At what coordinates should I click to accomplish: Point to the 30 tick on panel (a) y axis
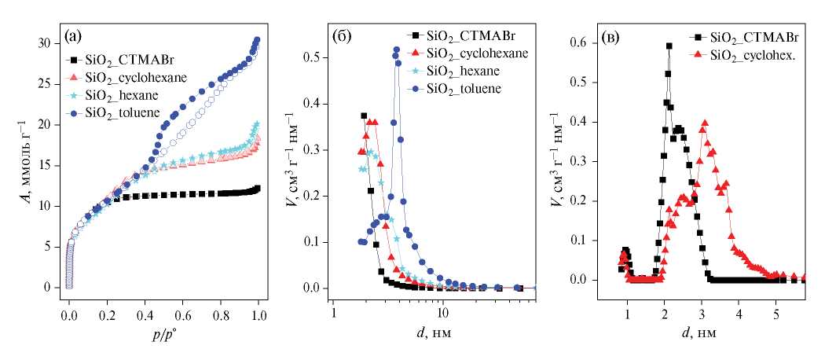coord(52,42)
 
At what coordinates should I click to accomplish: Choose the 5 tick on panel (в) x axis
coord(776,302)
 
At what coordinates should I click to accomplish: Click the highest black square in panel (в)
coord(669,46)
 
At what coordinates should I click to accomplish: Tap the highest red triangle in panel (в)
coord(705,123)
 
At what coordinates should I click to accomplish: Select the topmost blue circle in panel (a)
coord(256,40)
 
